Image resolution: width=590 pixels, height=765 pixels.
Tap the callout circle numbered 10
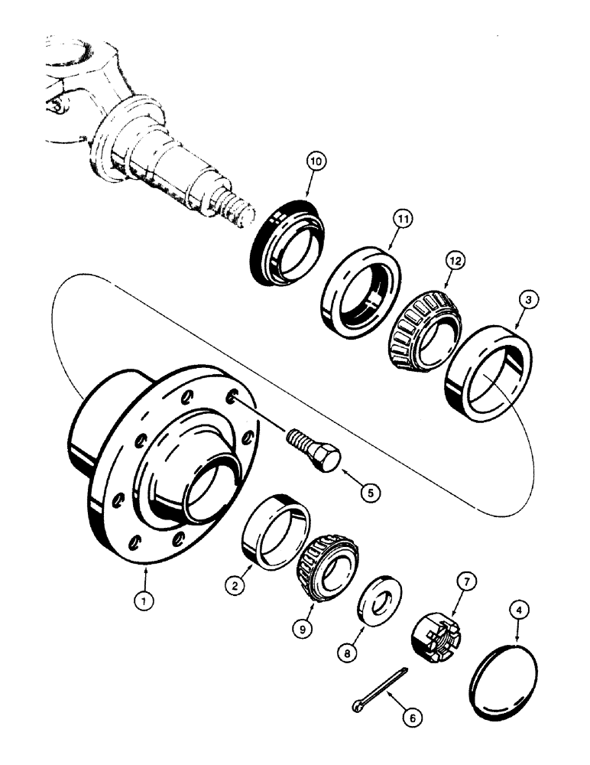(316, 161)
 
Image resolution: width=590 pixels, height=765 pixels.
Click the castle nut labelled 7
(432, 634)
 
